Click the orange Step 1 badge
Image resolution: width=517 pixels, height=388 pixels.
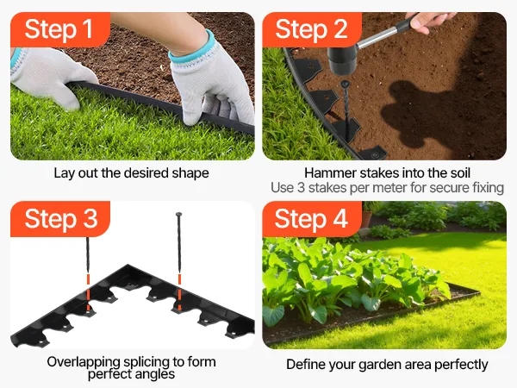click(60, 29)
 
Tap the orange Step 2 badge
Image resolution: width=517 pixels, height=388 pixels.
click(312, 29)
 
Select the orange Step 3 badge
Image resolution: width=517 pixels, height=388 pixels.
click(60, 219)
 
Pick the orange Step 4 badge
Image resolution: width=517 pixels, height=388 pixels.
click(312, 219)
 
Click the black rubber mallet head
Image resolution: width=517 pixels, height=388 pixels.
click(342, 59)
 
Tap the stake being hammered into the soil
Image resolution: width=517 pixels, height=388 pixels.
click(346, 109)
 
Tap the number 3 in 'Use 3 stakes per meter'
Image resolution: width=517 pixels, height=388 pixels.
click(301, 188)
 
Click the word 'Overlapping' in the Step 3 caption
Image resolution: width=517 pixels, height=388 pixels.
click(84, 362)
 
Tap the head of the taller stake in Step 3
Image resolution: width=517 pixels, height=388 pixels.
click(178, 215)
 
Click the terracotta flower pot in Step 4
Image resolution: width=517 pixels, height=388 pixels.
click(367, 218)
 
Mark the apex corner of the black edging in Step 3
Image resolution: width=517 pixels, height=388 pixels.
click(128, 265)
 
